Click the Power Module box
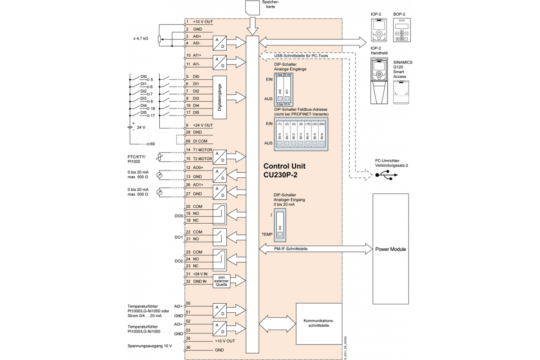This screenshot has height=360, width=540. click(391, 249)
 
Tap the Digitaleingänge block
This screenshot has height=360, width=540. click(220, 98)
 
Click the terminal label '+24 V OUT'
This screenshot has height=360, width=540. click(202, 125)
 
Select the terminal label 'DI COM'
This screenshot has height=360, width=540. click(200, 141)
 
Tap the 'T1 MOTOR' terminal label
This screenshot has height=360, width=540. click(202, 150)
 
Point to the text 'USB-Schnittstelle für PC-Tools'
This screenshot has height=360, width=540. click(298, 55)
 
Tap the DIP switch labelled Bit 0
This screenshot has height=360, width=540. click(279, 143)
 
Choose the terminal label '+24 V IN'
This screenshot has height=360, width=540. click(200, 274)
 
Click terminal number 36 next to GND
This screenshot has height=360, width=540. click(188, 347)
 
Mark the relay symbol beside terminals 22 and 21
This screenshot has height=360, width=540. click(220, 235)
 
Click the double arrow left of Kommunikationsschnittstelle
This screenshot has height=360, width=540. click(277, 324)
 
